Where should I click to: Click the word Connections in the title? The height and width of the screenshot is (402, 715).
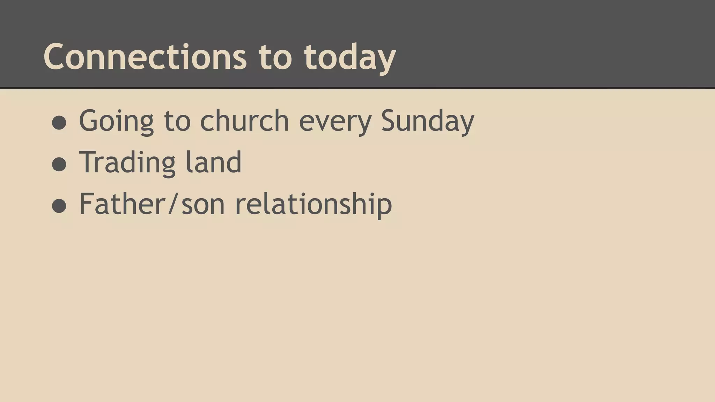[x=145, y=57]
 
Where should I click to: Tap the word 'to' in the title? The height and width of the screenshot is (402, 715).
[x=275, y=57]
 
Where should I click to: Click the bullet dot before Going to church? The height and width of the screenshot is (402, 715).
[x=59, y=122]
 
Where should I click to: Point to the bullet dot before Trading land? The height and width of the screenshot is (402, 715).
[x=59, y=164]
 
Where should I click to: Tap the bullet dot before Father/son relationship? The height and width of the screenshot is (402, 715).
[x=59, y=206]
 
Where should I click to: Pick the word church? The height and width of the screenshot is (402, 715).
[x=244, y=120]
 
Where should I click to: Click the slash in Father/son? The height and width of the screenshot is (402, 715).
[x=174, y=204]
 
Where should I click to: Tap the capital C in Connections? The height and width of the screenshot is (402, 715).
[x=56, y=57]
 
